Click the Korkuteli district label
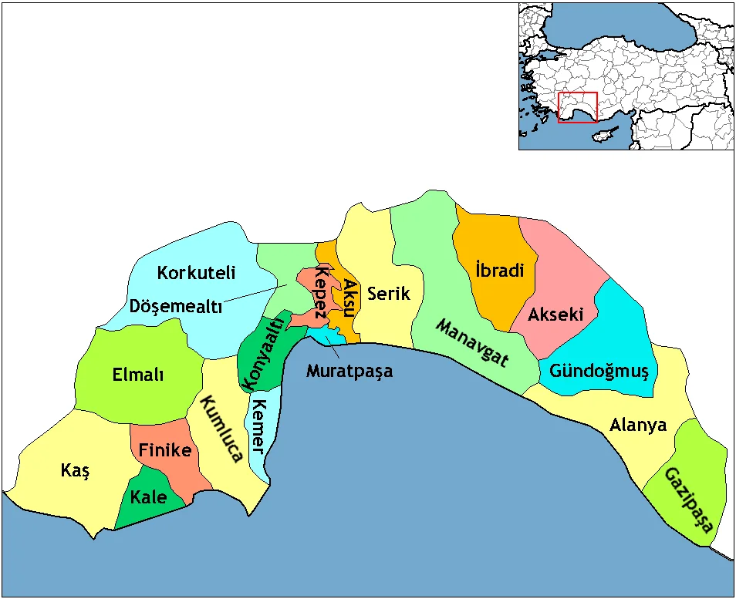tap(196, 273)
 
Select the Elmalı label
tap(138, 375)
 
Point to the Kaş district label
tap(75, 470)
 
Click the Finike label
tap(164, 450)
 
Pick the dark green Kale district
tap(149, 497)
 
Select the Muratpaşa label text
tap(349, 371)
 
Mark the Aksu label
tap(349, 298)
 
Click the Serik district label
tap(389, 294)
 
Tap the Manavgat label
tap(471, 342)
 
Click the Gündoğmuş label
tap(599, 372)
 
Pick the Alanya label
tap(638, 425)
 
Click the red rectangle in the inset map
tap(578, 108)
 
